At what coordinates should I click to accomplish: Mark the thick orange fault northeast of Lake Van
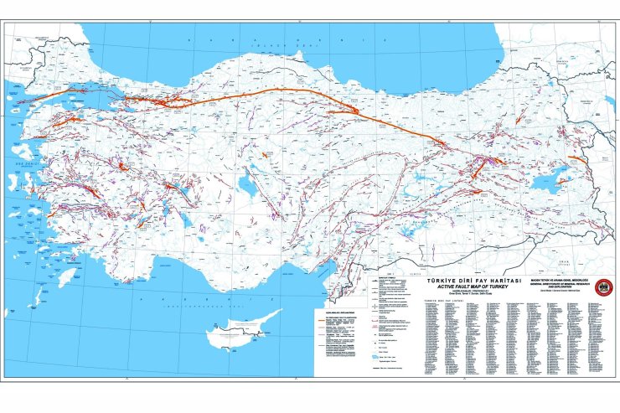[x=577, y=158]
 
